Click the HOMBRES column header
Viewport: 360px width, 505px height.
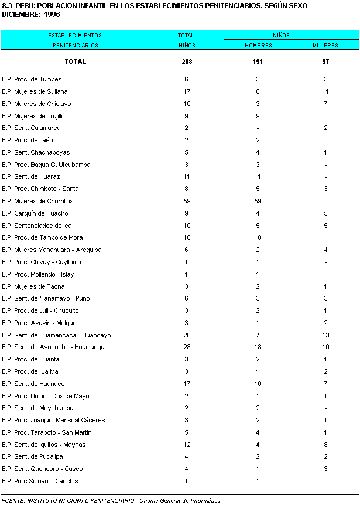(258, 45)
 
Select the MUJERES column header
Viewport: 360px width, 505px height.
(325, 45)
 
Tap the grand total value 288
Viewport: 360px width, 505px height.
(186, 62)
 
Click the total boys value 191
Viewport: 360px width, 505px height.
(258, 62)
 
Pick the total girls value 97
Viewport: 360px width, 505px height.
(325, 62)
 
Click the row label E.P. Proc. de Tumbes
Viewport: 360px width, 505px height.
(32, 79)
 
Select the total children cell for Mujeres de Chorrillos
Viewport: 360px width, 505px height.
(186, 201)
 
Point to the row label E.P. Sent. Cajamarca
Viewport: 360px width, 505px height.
(32, 128)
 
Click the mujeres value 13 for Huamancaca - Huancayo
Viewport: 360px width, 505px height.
(325, 335)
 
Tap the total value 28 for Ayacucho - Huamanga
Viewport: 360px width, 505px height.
(186, 347)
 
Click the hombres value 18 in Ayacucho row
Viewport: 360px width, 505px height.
(258, 347)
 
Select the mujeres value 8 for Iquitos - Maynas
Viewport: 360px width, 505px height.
(325, 445)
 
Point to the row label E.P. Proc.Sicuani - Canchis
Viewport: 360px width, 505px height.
(39, 481)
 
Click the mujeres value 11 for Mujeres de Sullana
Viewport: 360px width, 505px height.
(325, 91)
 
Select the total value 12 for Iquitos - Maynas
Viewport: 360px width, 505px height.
(186, 445)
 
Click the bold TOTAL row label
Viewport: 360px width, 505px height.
(76, 62)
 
